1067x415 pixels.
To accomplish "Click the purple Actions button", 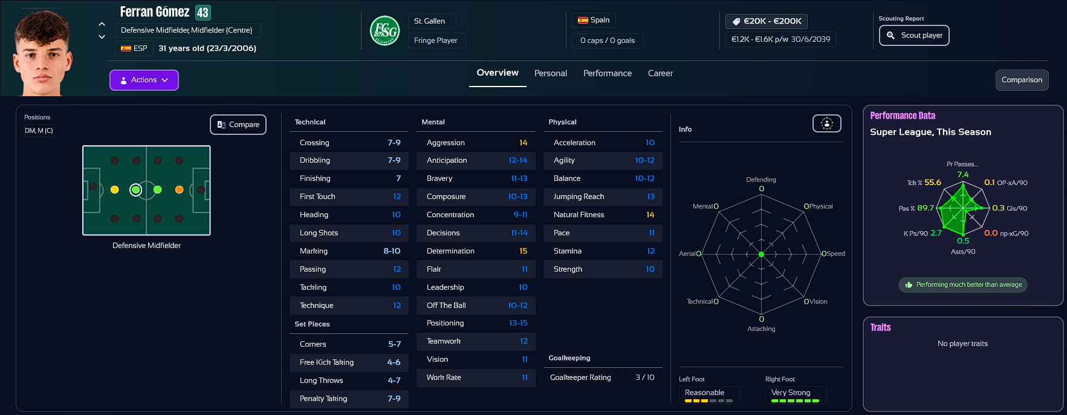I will click(144, 80).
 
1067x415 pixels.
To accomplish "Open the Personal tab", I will click(550, 73).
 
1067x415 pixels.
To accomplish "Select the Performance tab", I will click(607, 73).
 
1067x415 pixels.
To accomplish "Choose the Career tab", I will click(660, 73).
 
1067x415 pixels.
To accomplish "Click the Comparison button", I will click(1022, 80).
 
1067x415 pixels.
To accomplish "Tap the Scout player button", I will click(914, 35).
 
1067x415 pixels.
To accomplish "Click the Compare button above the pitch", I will click(238, 125).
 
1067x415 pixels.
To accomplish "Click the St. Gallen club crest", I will click(384, 30).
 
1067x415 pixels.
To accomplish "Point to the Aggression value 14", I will click(523, 143).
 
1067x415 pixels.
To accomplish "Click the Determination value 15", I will click(523, 251).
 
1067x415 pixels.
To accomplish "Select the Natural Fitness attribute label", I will click(579, 215).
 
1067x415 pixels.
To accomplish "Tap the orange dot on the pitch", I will click(179, 190).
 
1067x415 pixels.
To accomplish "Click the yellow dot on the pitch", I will click(115, 190).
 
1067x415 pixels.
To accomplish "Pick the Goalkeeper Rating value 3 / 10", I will click(644, 377).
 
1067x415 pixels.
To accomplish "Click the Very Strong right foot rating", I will click(791, 393).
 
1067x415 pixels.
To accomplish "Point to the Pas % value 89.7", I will click(926, 208).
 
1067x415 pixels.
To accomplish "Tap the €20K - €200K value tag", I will click(767, 21).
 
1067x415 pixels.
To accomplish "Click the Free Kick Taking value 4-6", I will click(394, 362).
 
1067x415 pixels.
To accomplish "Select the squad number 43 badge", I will click(203, 12).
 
